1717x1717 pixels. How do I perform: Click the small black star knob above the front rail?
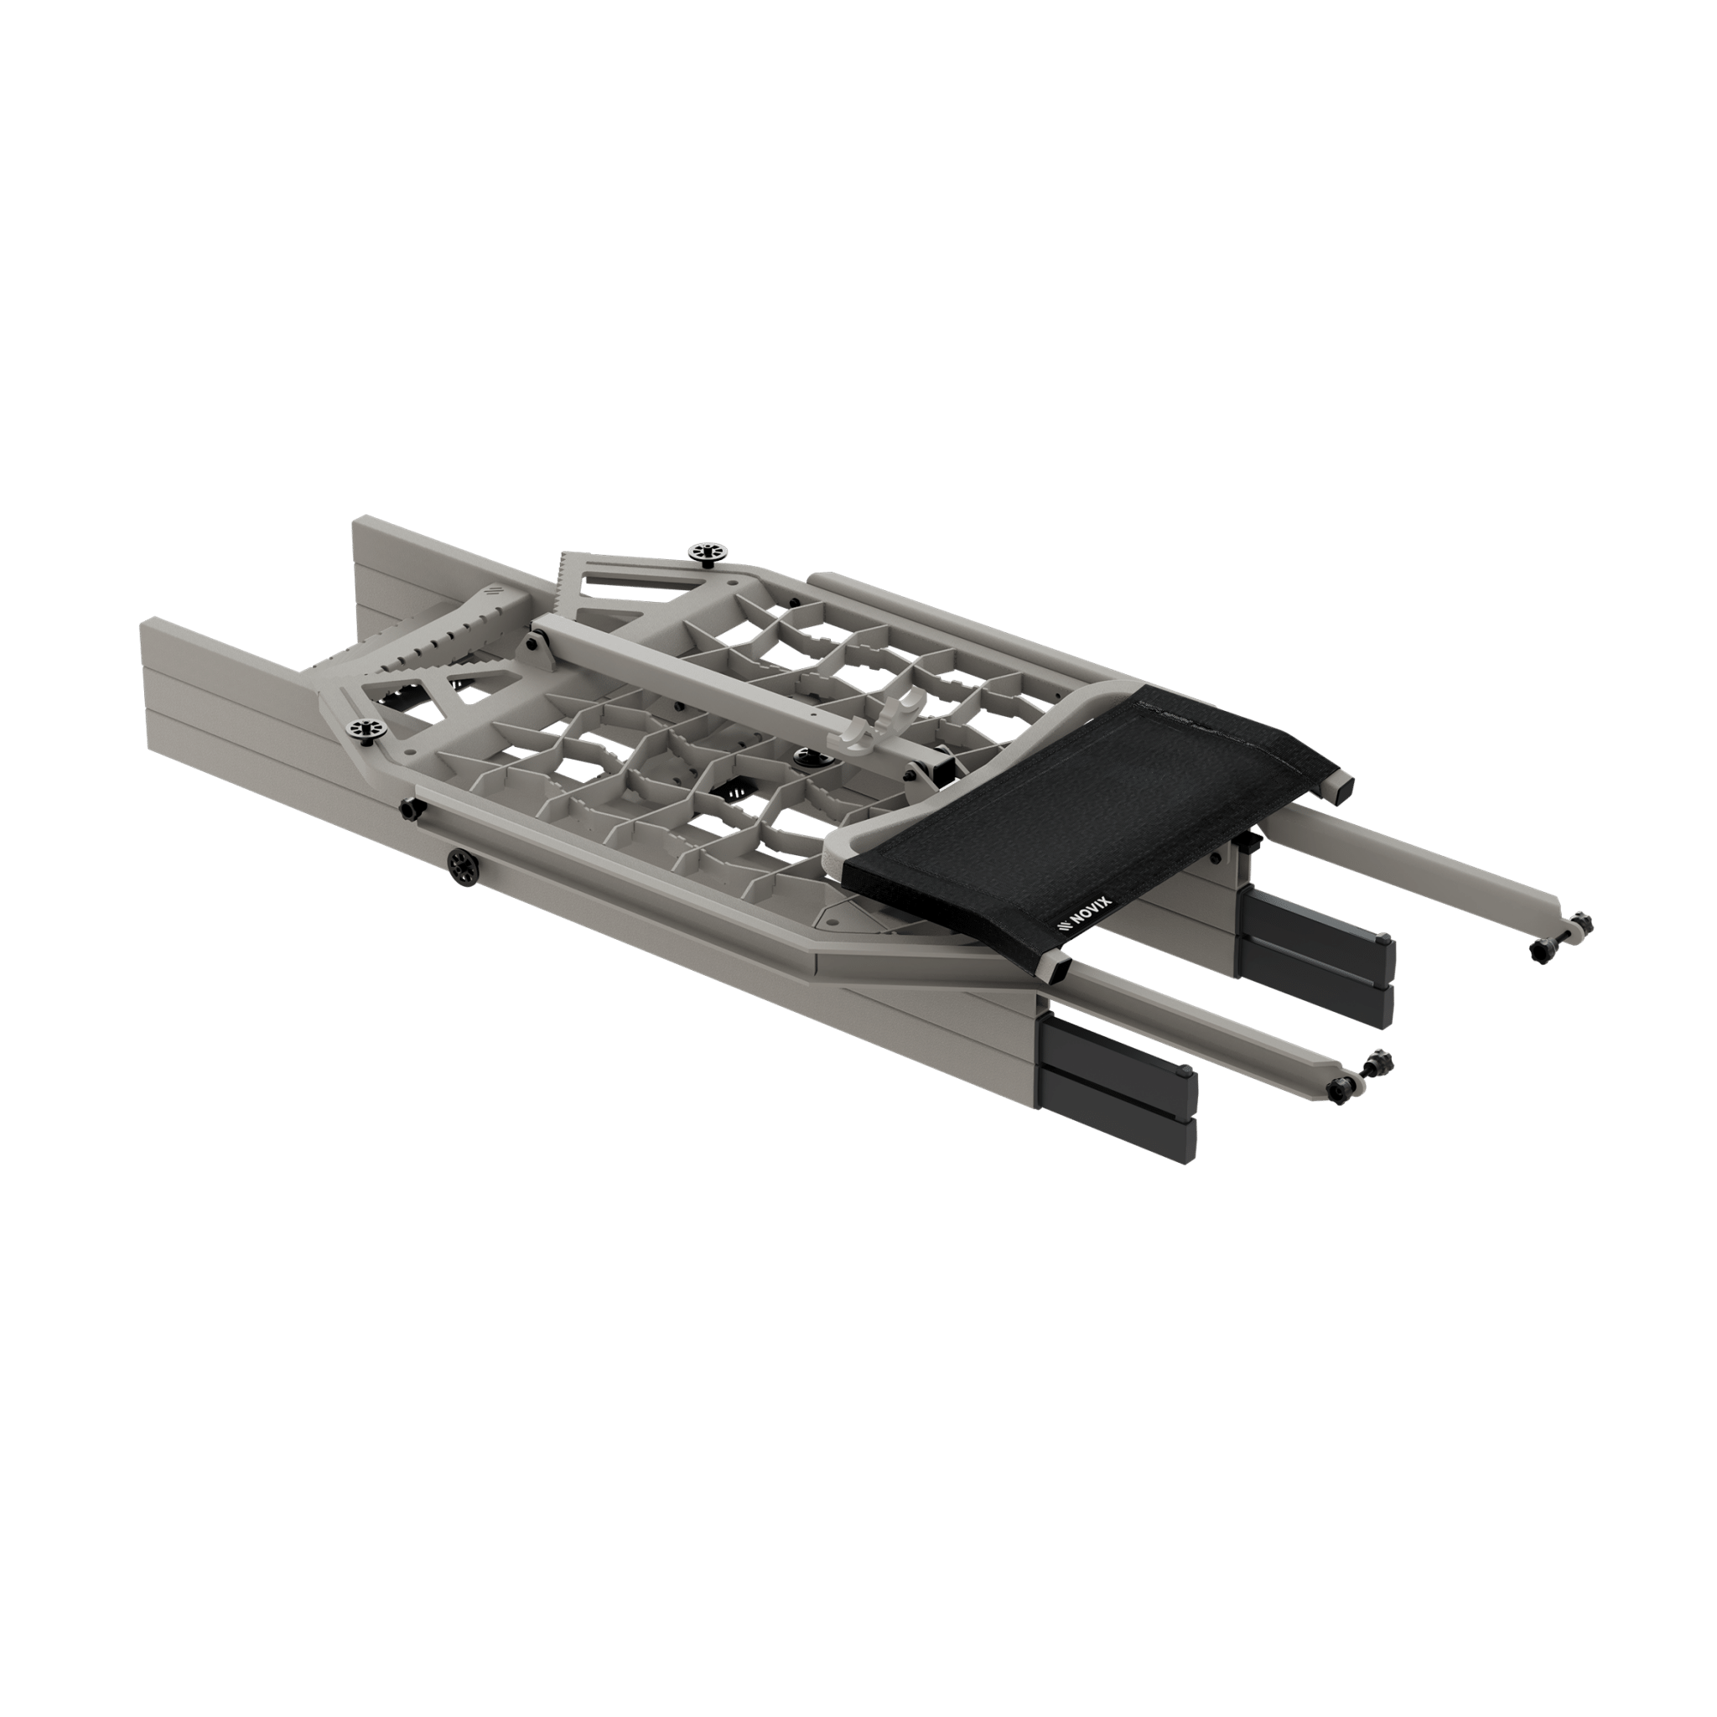(412, 809)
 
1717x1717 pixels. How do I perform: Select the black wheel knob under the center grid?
(811, 756)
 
